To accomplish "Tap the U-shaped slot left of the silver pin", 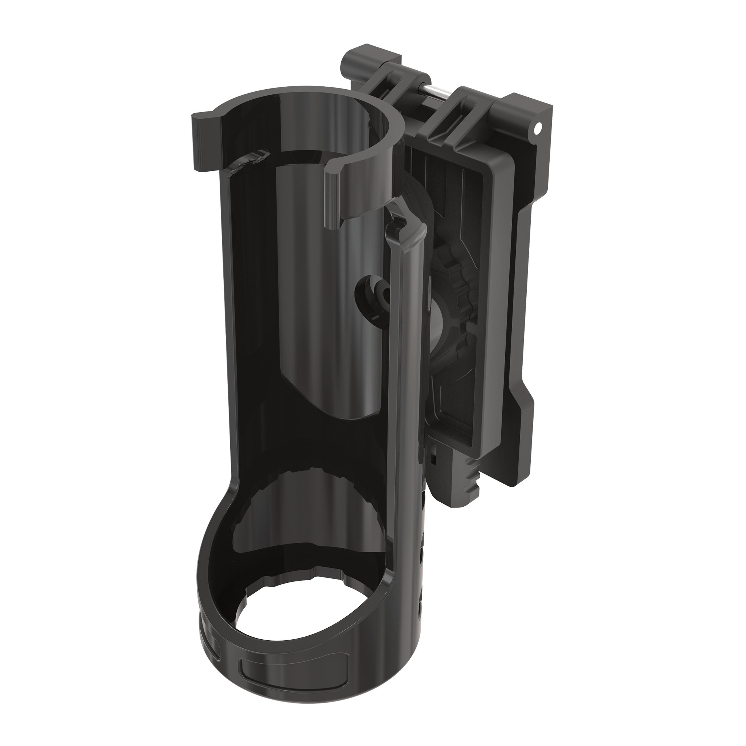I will coord(386,89).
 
